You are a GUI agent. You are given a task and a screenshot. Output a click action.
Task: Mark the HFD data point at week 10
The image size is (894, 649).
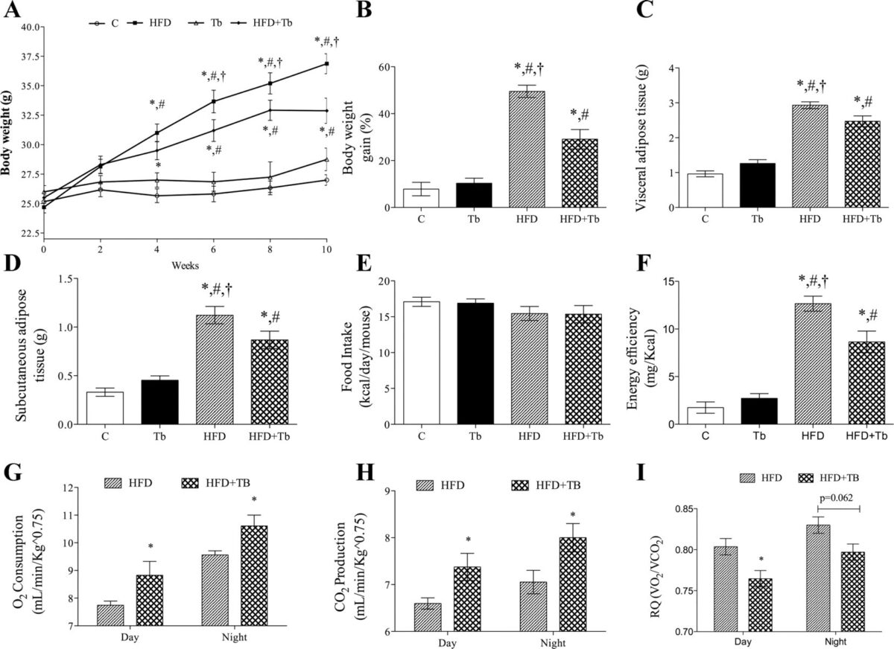coord(326,64)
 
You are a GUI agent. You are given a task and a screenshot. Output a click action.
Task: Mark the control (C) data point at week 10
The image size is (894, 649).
coord(326,180)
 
